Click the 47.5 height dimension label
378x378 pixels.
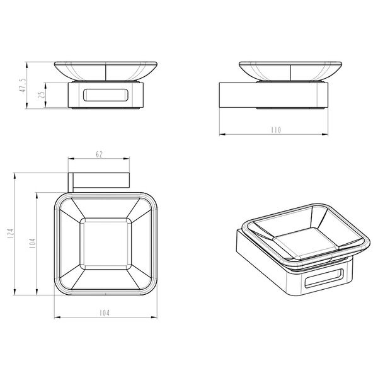[23, 85]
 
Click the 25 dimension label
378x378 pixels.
[42, 94]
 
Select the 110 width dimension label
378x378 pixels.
[276, 130]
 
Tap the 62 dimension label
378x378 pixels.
[99, 154]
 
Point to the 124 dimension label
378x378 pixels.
[11, 234]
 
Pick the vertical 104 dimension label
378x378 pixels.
[32, 243]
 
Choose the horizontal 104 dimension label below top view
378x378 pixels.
[104, 313]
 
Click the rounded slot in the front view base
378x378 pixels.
[106, 95]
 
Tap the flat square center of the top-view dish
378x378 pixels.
[106, 244]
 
